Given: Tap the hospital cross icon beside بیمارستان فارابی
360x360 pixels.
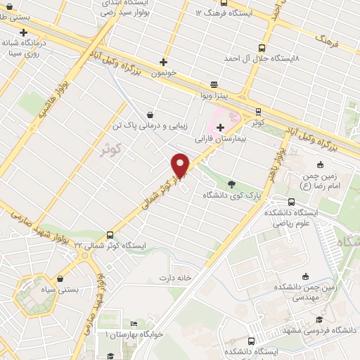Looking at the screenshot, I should [x=221, y=127].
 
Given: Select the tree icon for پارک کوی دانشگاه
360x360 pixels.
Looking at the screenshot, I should [x=232, y=183].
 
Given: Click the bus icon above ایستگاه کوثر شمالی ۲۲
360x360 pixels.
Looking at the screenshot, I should [x=110, y=235].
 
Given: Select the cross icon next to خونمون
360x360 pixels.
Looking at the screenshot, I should [x=164, y=62].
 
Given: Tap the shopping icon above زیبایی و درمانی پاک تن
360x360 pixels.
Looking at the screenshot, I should [x=150, y=115].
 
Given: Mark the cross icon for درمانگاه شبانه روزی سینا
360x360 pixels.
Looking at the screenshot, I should [x=25, y=32].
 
